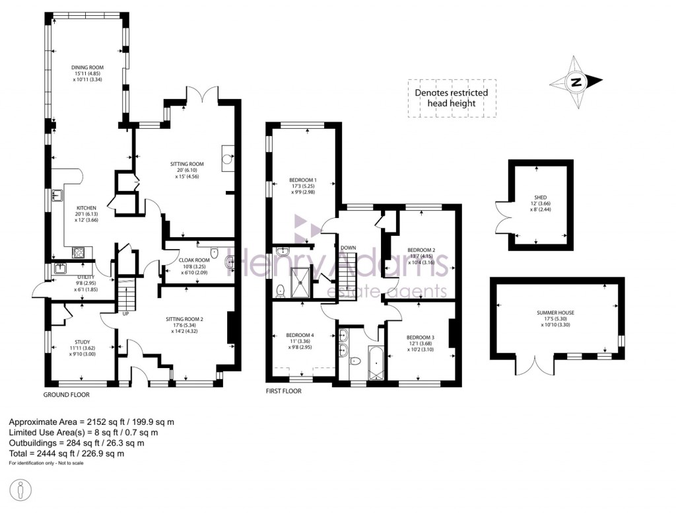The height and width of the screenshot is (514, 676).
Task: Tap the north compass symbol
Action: [576, 82]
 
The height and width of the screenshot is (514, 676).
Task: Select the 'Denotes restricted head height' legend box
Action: [452, 98]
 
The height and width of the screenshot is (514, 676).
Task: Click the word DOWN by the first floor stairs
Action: [349, 248]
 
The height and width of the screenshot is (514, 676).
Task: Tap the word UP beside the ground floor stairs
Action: [125, 314]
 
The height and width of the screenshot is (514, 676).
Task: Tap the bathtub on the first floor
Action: [374, 365]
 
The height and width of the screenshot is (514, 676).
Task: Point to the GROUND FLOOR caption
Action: [66, 394]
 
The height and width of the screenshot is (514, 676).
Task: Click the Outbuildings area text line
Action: [79, 443]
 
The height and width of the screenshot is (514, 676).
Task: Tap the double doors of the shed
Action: [500, 217]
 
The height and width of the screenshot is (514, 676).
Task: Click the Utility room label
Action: [86, 281]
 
